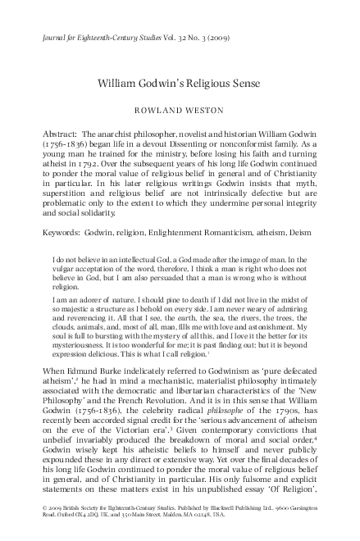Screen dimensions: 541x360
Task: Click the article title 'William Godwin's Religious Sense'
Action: pyautogui.click(x=180, y=84)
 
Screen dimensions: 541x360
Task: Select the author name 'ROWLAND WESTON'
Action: pyautogui.click(x=180, y=108)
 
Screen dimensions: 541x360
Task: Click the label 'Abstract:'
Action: pyautogui.click(x=62, y=132)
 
